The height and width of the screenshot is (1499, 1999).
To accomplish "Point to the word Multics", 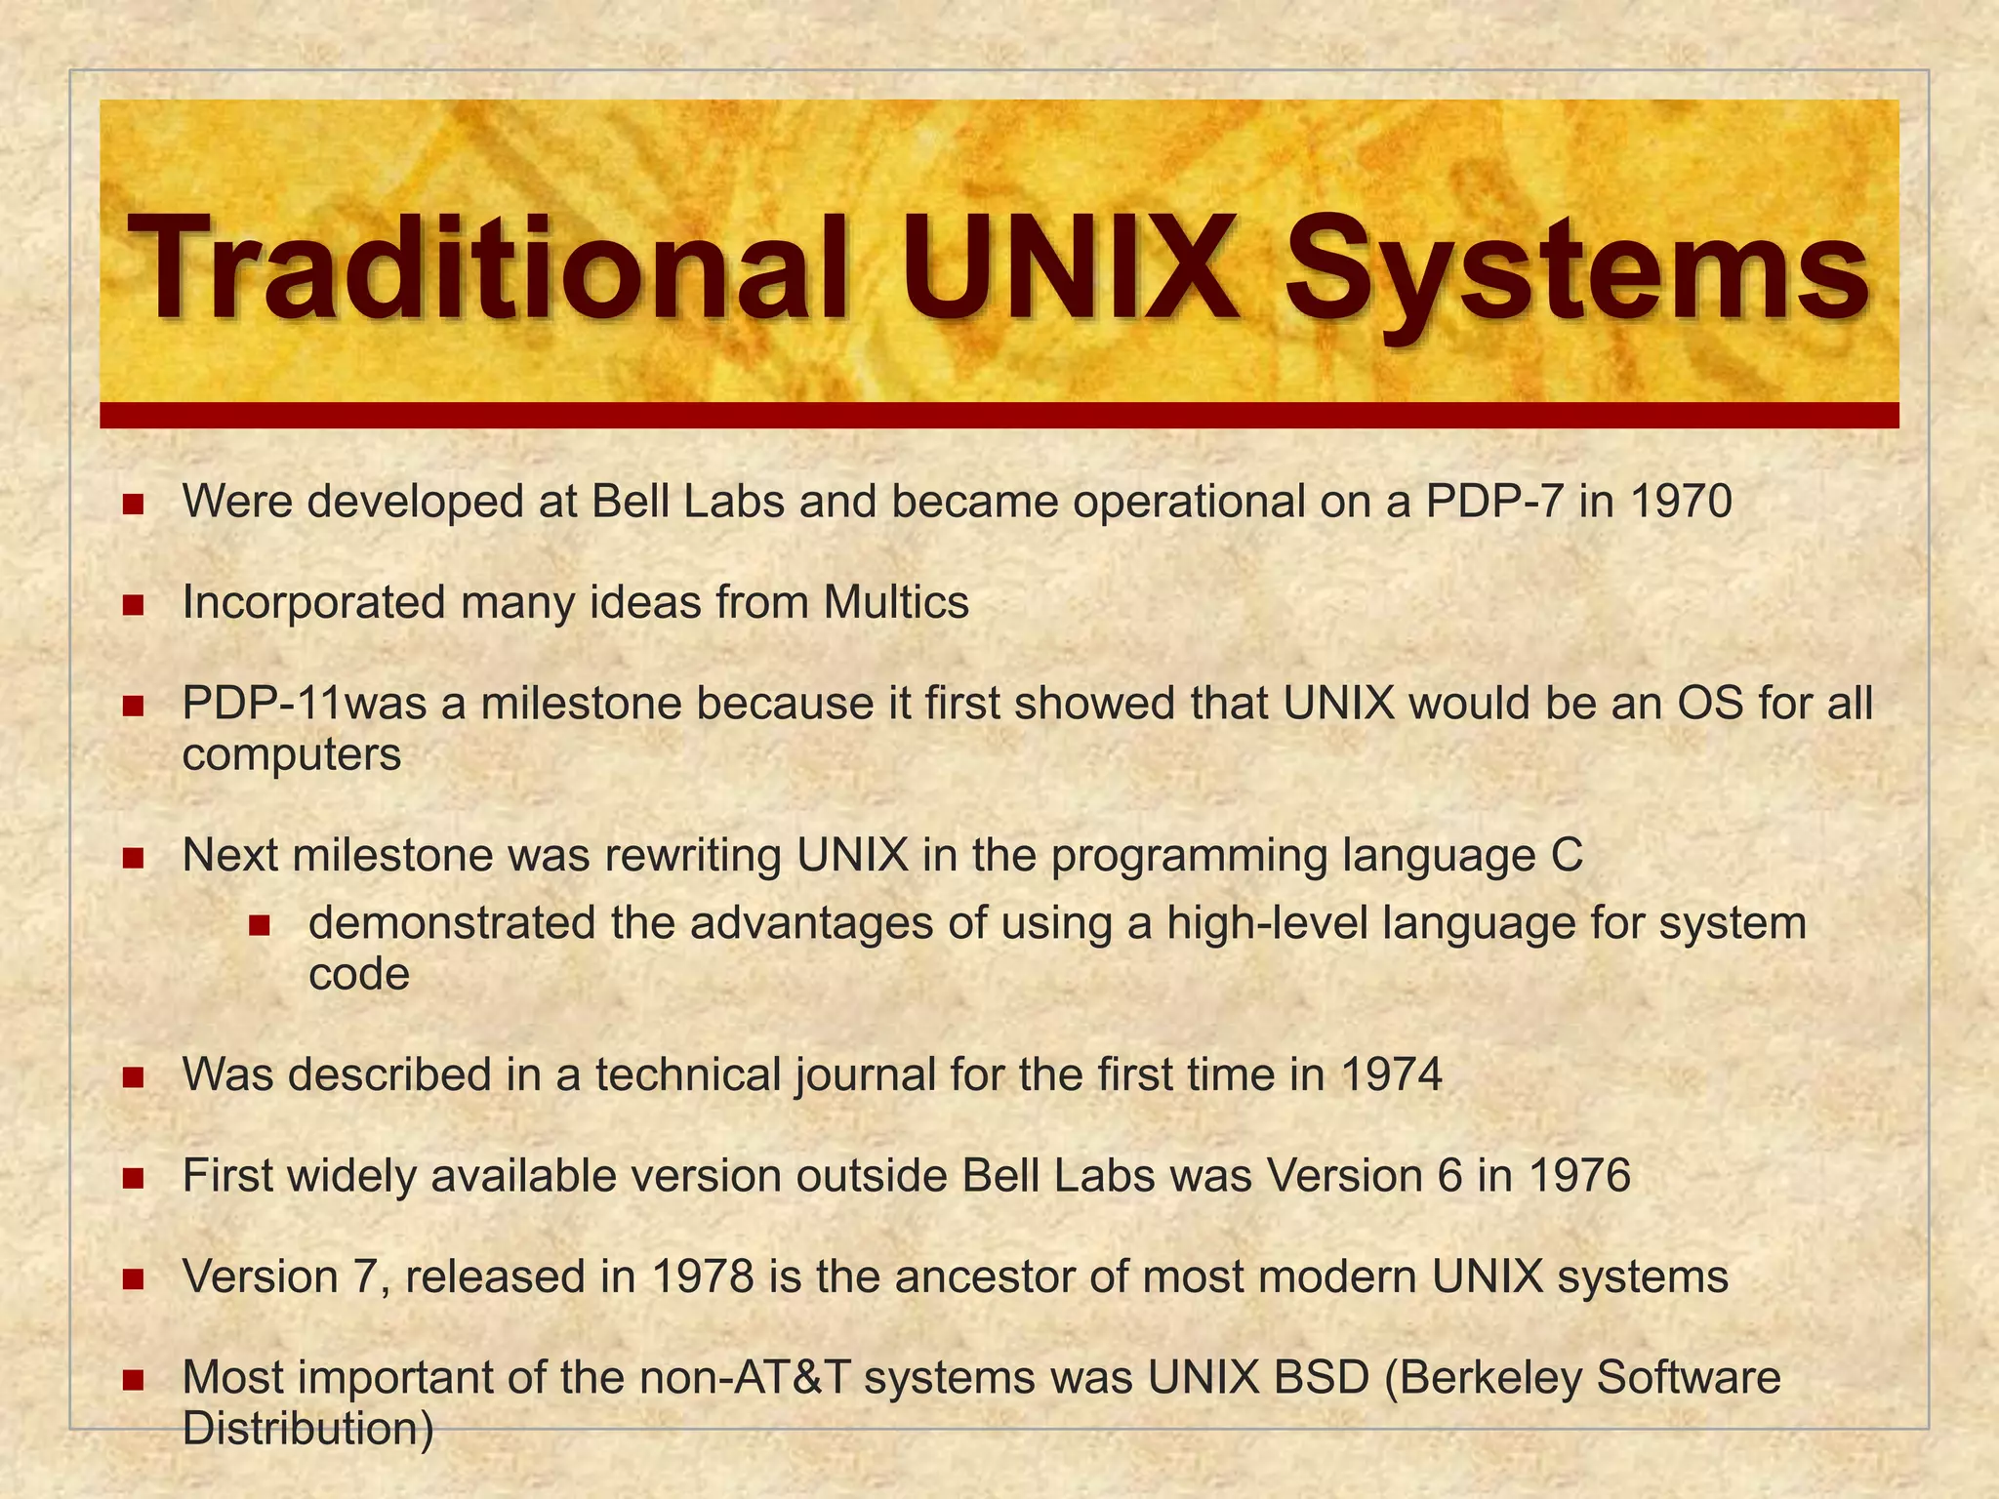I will pos(895,602).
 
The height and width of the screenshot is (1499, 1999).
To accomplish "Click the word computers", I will pos(292,754).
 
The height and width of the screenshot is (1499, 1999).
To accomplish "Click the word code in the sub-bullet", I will pos(358,974).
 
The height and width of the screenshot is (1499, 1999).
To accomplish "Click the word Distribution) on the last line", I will pos(308,1428).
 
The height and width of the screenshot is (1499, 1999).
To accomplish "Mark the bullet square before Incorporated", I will pos(134,606).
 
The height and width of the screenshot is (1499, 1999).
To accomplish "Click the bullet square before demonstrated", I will pos(259,925).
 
